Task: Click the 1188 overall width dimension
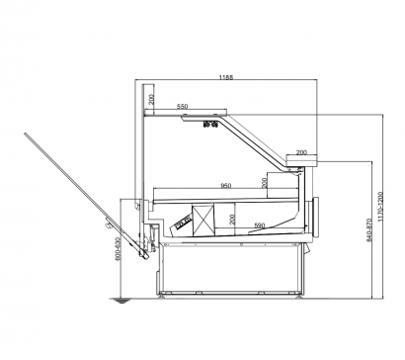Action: (226, 77)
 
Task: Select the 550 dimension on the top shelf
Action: (182, 106)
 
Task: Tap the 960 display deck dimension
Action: (225, 186)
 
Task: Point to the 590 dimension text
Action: (260, 225)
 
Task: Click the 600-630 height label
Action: (118, 249)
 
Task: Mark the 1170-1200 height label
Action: (380, 207)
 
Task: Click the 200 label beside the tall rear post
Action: (151, 99)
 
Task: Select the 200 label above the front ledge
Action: (301, 152)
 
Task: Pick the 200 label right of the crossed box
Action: (232, 220)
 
